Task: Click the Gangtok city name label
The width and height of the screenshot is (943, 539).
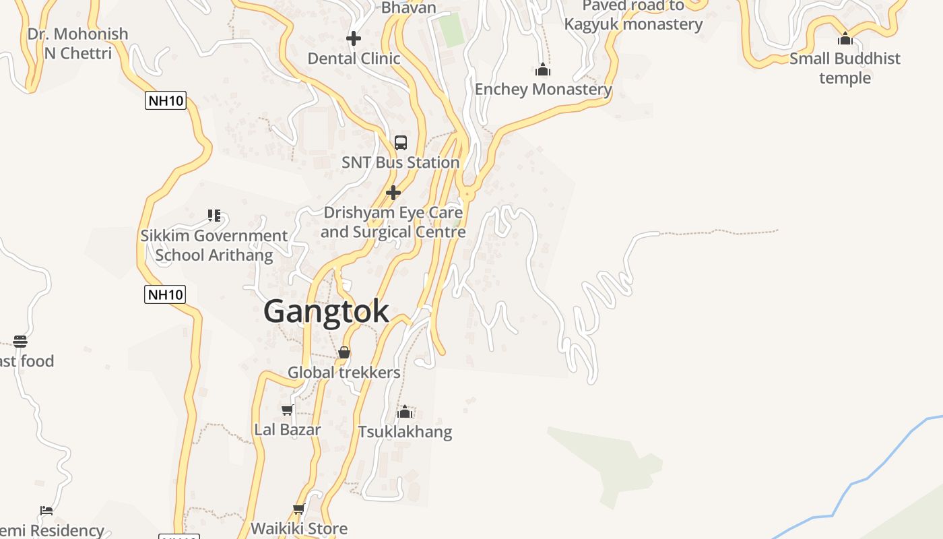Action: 326,311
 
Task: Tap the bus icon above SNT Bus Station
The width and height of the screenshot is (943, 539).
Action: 401,143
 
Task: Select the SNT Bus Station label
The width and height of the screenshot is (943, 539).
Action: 400,162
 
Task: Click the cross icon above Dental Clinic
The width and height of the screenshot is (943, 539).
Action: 354,38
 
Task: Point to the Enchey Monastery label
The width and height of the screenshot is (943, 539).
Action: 543,89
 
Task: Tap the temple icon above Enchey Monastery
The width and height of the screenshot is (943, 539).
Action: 543,69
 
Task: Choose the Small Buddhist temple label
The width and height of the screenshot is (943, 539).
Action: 845,68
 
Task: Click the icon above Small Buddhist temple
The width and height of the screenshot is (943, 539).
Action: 845,38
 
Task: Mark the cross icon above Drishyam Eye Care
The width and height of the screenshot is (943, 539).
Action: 393,193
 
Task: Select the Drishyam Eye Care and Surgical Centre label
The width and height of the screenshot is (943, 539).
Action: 393,222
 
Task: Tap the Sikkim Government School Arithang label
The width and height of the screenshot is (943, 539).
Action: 214,245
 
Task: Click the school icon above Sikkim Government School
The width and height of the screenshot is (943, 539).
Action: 214,216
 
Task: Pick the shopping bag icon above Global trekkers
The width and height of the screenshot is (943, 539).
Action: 344,352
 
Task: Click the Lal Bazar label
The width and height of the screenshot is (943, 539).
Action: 288,429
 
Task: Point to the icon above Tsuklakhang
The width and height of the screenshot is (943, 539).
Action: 405,412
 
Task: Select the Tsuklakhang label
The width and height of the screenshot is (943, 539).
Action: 405,431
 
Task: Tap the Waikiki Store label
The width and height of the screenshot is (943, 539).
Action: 299,528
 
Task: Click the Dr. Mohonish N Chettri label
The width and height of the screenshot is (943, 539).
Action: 77,43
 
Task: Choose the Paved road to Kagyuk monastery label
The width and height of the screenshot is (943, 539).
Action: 633,15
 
